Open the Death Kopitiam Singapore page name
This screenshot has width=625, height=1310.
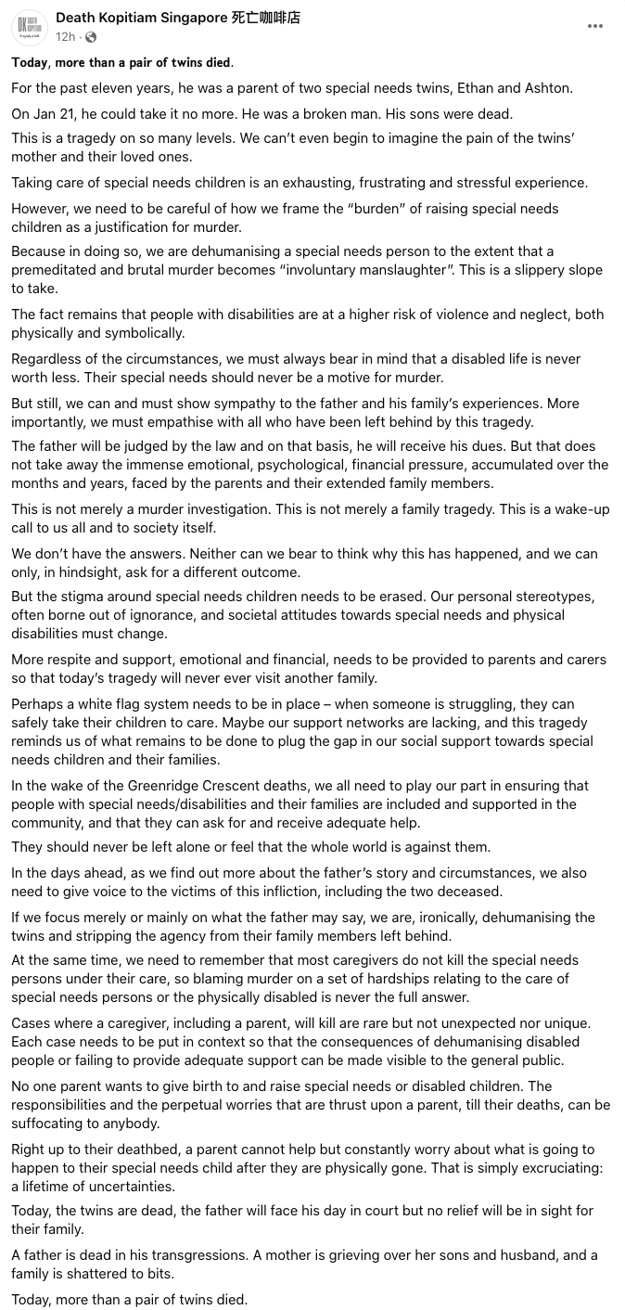pyautogui.click(x=178, y=18)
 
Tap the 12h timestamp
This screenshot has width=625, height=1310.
pyautogui.click(x=65, y=37)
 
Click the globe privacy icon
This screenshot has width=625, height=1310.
pyautogui.click(x=91, y=37)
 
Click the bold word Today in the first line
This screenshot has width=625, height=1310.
pyautogui.click(x=31, y=62)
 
